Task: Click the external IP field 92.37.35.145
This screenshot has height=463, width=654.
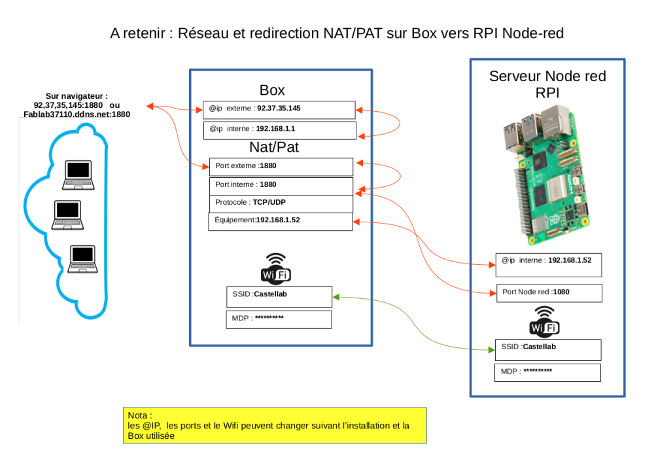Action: pos(279,109)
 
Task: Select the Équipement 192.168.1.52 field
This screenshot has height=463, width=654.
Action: pos(280,221)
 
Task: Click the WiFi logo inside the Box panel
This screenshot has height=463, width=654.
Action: pos(276,268)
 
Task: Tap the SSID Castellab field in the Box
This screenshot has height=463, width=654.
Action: pos(279,297)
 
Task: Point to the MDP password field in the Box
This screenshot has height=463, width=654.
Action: pos(279,319)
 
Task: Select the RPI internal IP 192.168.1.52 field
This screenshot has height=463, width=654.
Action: pos(548,264)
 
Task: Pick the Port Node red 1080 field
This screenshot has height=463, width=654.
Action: pos(548,293)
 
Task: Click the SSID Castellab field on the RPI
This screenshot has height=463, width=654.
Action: pos(547,349)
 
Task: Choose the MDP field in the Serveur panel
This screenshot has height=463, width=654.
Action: pos(547,373)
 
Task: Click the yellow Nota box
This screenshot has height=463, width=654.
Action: pos(275,425)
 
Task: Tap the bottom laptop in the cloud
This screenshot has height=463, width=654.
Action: pos(84,259)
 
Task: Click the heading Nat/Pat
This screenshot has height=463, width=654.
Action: pos(273,147)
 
